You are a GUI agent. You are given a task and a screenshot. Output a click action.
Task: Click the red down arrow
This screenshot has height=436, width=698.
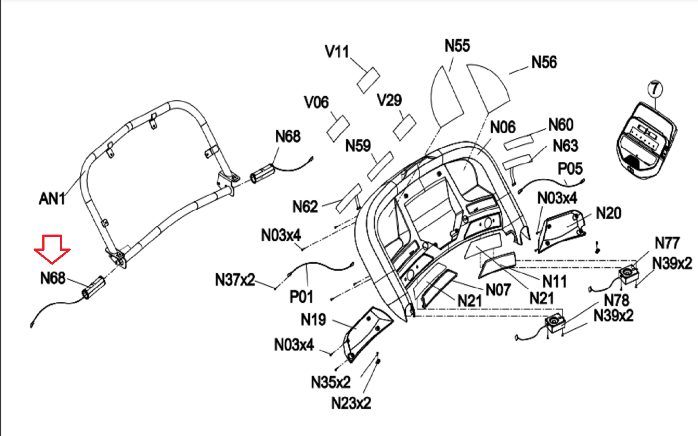[52, 249]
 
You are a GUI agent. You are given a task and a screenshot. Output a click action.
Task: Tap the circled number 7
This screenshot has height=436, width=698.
[654, 89]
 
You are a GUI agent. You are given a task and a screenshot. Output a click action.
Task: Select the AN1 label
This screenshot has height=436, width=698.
[52, 199]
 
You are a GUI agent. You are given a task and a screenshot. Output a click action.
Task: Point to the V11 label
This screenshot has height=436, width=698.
[337, 52]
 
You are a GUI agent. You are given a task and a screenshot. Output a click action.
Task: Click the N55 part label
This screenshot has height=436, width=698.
[457, 45]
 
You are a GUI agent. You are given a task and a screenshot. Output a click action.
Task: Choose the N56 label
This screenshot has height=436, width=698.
[544, 62]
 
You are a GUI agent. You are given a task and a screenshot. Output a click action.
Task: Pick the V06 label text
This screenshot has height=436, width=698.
[316, 102]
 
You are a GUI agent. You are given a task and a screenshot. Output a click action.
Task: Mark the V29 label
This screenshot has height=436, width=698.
[389, 100]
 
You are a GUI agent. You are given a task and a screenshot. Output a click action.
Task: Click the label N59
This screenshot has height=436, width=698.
[358, 146]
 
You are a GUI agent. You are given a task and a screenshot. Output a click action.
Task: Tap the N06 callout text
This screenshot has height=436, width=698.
[503, 127]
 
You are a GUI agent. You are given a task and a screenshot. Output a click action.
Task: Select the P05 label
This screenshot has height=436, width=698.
[570, 169]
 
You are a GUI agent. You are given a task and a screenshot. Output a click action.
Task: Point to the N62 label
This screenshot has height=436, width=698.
[305, 206]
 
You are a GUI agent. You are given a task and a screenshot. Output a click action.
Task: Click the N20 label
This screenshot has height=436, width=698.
[609, 213]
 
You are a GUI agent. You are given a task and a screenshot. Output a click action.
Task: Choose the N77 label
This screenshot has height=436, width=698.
[667, 243]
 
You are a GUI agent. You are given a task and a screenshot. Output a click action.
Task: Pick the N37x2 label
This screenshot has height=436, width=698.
[235, 279]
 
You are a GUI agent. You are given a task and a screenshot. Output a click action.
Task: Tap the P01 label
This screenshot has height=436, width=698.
[301, 297]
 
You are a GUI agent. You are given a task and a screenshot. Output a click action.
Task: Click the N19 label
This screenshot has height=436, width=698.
[313, 320]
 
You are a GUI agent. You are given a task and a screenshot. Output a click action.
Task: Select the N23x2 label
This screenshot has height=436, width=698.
[351, 403]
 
